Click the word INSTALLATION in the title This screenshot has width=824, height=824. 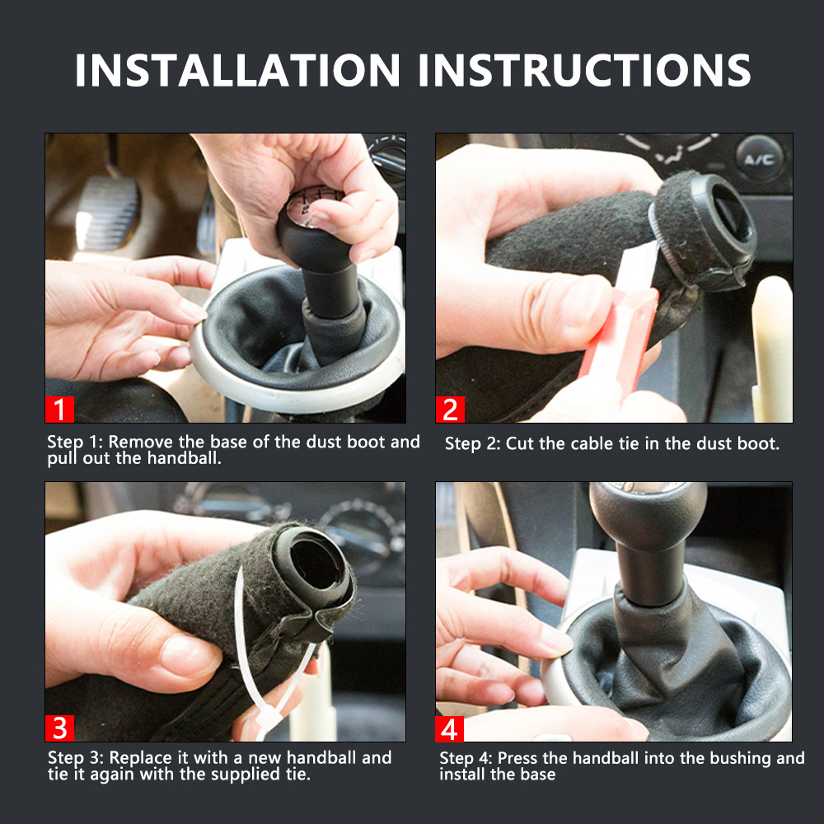pos(237,70)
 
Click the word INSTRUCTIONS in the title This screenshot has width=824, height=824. pos(584,70)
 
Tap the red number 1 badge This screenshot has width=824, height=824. pos(59,409)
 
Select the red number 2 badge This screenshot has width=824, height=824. pos(450,409)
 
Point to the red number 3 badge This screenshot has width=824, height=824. pos(59,728)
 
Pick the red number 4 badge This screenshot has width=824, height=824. pos(449,728)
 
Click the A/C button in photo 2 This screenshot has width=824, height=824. pos(759,158)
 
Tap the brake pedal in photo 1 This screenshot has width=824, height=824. pos(108,213)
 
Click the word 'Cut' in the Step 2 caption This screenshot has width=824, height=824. pos(520,443)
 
